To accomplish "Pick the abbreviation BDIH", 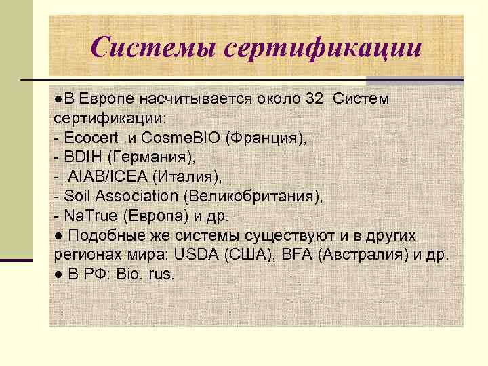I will (80, 157).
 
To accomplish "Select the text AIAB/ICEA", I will (108, 176).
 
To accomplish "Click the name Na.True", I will (86, 216).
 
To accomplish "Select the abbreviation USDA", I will (194, 255).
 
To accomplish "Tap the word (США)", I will (241, 255).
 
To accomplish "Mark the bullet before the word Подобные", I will (59, 236).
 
